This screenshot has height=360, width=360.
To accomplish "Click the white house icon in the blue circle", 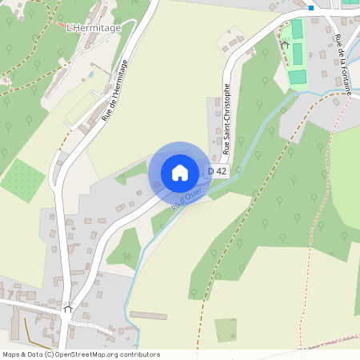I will (x=180, y=172).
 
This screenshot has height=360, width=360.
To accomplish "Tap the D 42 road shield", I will (x=217, y=171).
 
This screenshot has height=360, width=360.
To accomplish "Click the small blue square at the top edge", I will (x=310, y=7).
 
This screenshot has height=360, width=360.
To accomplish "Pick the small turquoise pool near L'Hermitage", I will (x=92, y=74).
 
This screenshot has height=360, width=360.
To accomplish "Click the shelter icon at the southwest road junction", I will (x=68, y=307).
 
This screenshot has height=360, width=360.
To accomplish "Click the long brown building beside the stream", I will (x=149, y=315).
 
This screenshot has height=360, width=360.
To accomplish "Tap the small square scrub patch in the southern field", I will (x=226, y=330).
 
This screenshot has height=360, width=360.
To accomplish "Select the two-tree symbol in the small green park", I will (x=126, y=256).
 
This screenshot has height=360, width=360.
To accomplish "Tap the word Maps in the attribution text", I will (x=11, y=354).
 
